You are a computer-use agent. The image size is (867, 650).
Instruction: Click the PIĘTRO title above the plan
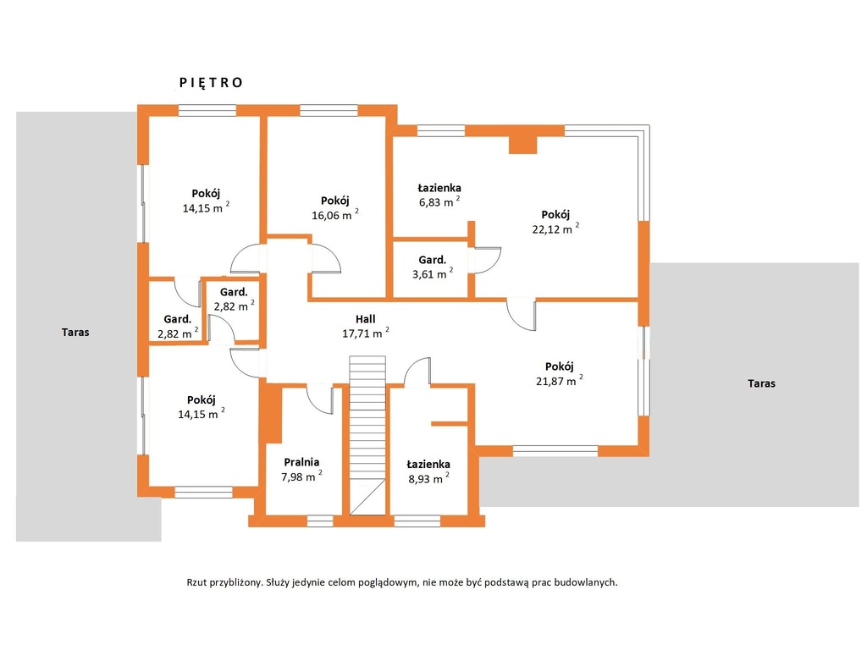point(211,83)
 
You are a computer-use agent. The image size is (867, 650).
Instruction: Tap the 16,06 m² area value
point(335,215)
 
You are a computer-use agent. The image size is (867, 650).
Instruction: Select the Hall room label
point(366,319)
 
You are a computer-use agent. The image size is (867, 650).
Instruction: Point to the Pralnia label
point(301,462)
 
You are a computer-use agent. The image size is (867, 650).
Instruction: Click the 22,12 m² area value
point(555,229)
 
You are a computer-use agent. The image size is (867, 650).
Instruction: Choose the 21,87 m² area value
point(559,381)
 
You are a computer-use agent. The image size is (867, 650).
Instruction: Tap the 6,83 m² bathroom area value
point(439,201)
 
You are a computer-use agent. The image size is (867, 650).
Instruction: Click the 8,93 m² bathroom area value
point(428,479)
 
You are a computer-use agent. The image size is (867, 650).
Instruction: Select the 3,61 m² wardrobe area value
point(433,274)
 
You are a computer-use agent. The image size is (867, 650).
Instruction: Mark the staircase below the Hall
point(367,436)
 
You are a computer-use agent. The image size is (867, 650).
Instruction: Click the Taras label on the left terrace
point(75,332)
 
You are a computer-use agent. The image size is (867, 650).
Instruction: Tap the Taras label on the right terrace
point(761,383)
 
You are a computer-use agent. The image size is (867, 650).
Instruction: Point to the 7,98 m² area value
point(301,476)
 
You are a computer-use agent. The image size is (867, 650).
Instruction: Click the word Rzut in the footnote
point(196,582)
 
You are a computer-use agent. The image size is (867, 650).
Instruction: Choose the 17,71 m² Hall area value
point(366,333)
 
